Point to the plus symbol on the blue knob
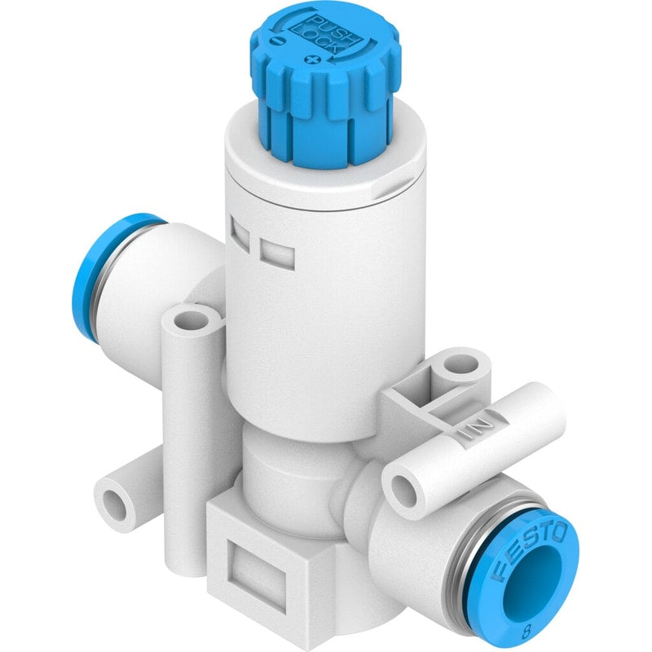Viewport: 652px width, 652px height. click(311, 59)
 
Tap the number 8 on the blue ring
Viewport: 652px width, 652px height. click(526, 633)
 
